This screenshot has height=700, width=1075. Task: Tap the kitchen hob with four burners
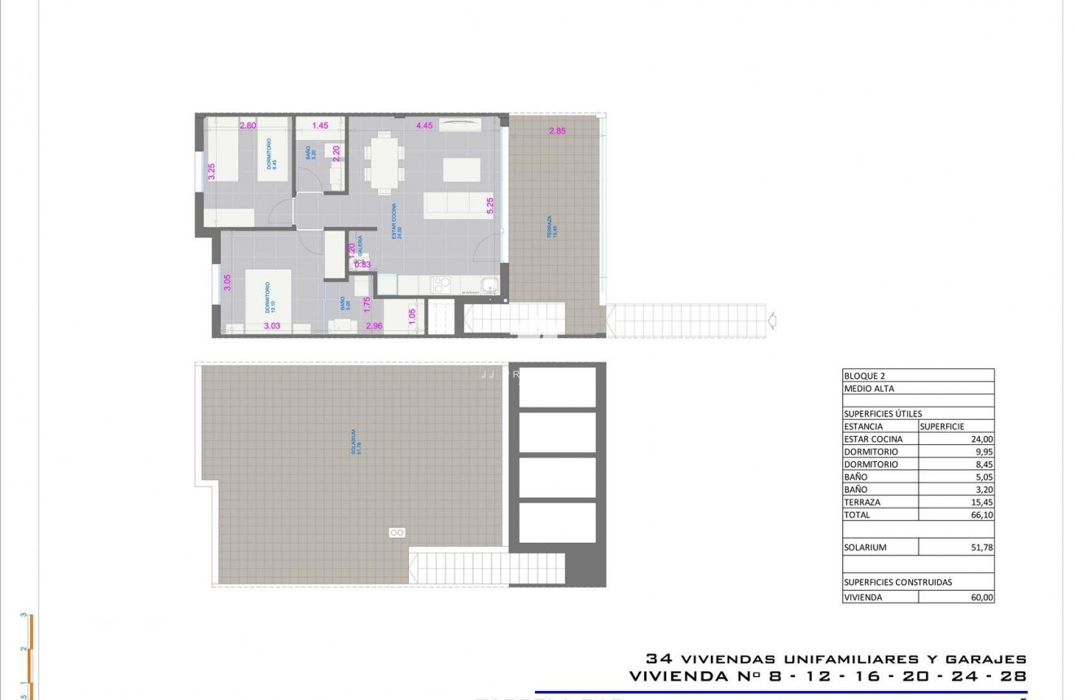(441, 284)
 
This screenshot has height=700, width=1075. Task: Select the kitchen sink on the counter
(489, 284)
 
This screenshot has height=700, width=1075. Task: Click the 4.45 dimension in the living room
(423, 125)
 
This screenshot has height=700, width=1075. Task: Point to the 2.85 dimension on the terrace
(557, 131)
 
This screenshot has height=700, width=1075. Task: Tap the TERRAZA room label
(550, 226)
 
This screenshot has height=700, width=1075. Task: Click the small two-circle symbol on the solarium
(397, 532)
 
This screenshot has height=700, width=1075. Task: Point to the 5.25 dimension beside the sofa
(489, 205)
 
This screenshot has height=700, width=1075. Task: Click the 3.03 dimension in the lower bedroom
(272, 326)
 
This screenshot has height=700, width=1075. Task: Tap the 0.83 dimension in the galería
(362, 264)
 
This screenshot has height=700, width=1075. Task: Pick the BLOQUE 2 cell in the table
(864, 376)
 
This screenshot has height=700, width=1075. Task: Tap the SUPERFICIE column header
(942, 426)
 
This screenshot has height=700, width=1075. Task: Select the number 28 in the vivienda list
(1013, 676)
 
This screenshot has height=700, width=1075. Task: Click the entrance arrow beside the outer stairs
(772, 321)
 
